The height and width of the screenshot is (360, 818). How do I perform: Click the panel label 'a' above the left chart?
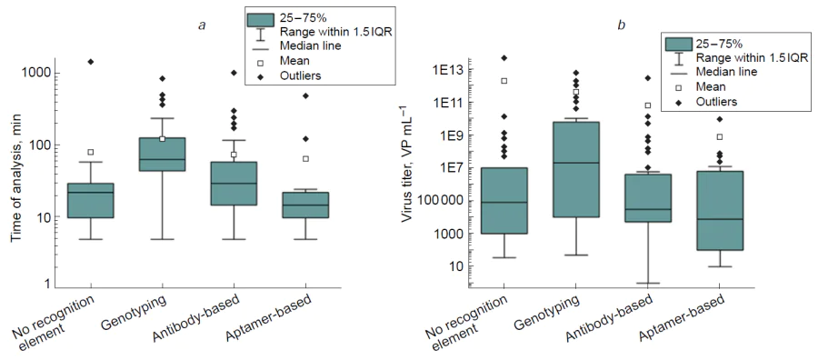pyautogui.click(x=201, y=25)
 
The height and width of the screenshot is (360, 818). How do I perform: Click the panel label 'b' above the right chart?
pyautogui.click(x=621, y=25)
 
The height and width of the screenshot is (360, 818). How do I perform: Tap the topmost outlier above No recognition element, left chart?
pyautogui.click(x=90, y=62)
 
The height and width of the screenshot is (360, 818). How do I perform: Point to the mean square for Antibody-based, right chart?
pyautogui.click(x=648, y=105)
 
